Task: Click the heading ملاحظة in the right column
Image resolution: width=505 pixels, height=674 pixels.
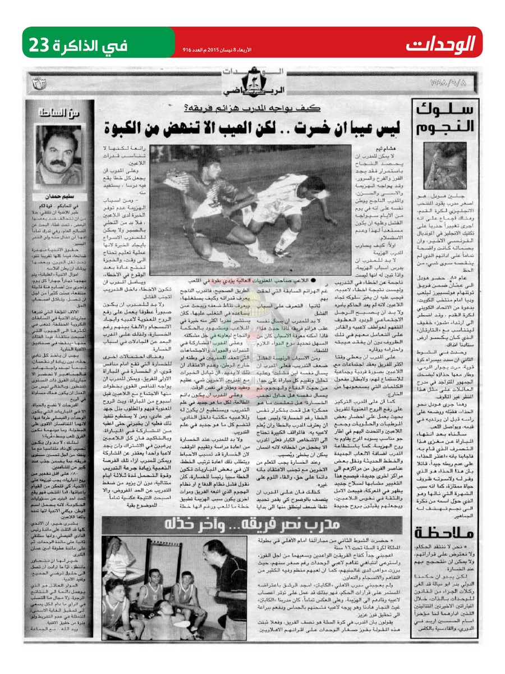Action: (447, 531)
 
